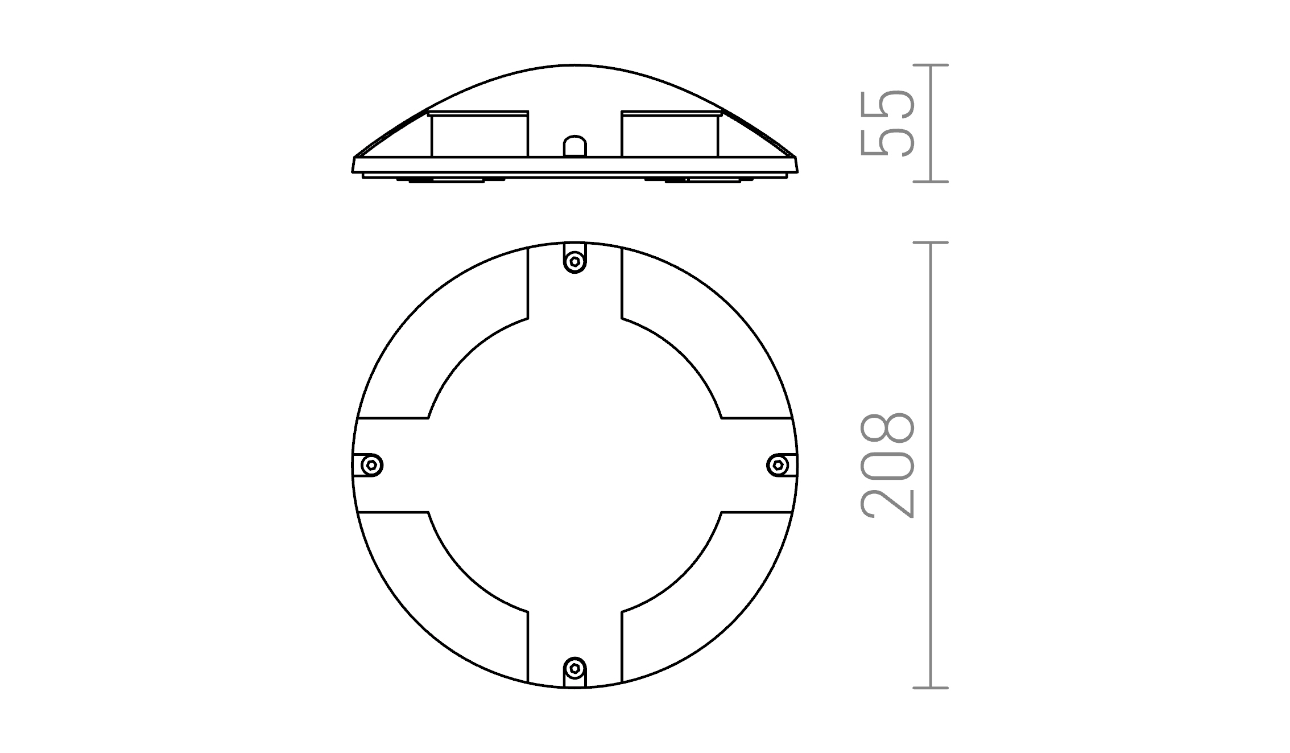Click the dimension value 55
coord(888,123)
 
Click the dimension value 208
coord(888,465)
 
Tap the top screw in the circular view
coord(574,262)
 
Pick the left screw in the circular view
coord(372,466)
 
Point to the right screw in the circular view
coord(777,466)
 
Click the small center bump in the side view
coord(574,146)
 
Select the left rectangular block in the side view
coord(479,134)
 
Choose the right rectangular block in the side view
coord(670,134)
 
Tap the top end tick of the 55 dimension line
coord(931,65)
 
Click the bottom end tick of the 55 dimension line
coord(931,182)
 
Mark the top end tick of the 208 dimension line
coord(931,243)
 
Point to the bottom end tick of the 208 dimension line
coord(931,688)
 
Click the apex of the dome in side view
coord(574,65)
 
